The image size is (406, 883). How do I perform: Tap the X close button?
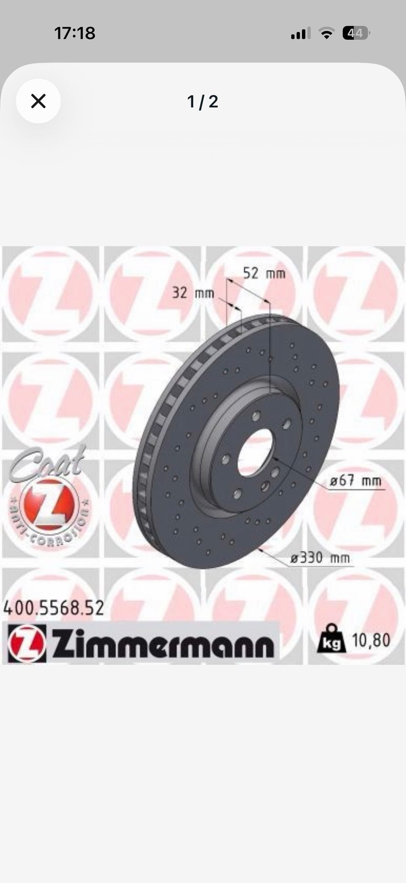tap(38, 101)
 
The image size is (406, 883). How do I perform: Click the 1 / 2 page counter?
tap(203, 102)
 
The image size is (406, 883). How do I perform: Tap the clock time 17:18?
tap(75, 33)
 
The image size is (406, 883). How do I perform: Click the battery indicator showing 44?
tap(356, 33)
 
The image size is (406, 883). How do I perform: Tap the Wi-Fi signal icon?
tap(326, 33)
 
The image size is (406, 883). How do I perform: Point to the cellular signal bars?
tap(301, 33)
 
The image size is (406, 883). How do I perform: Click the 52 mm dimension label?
tap(264, 273)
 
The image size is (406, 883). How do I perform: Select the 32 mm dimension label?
tap(193, 292)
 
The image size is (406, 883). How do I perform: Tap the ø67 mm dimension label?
tap(355, 481)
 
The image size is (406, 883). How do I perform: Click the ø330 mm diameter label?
tap(320, 558)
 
